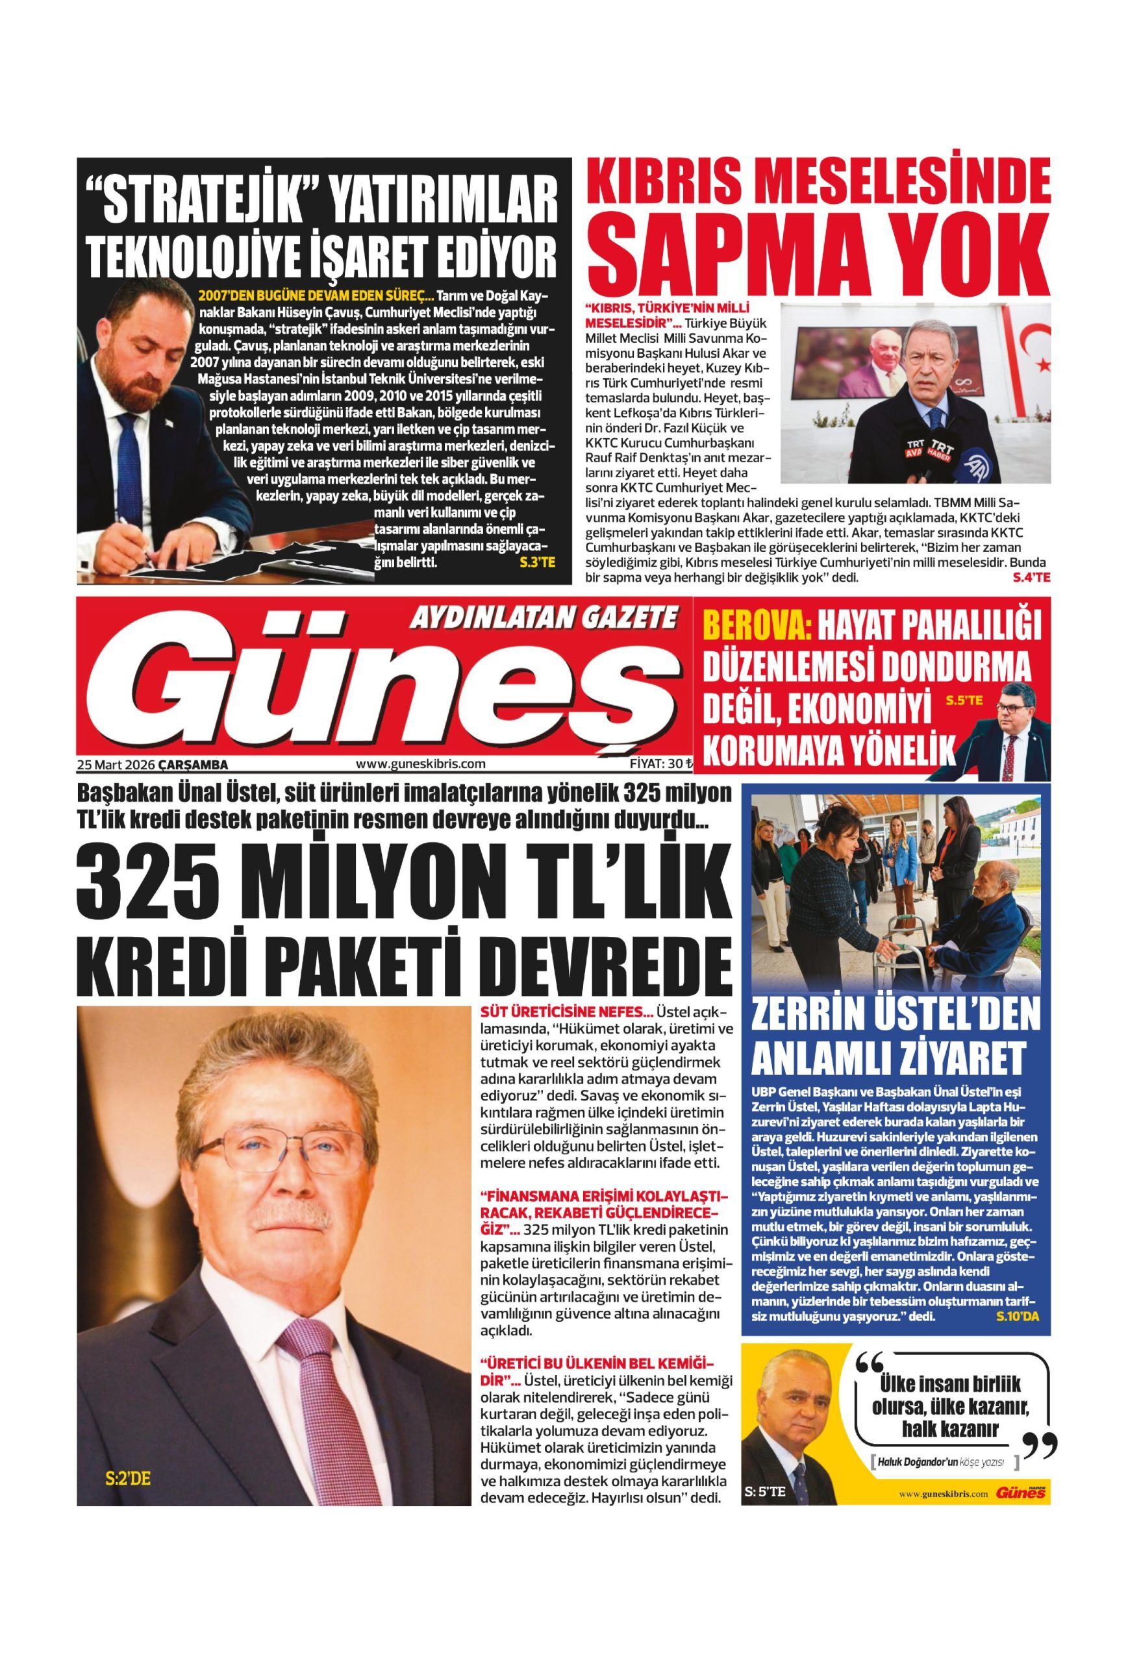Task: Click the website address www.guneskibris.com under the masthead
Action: tap(420, 763)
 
